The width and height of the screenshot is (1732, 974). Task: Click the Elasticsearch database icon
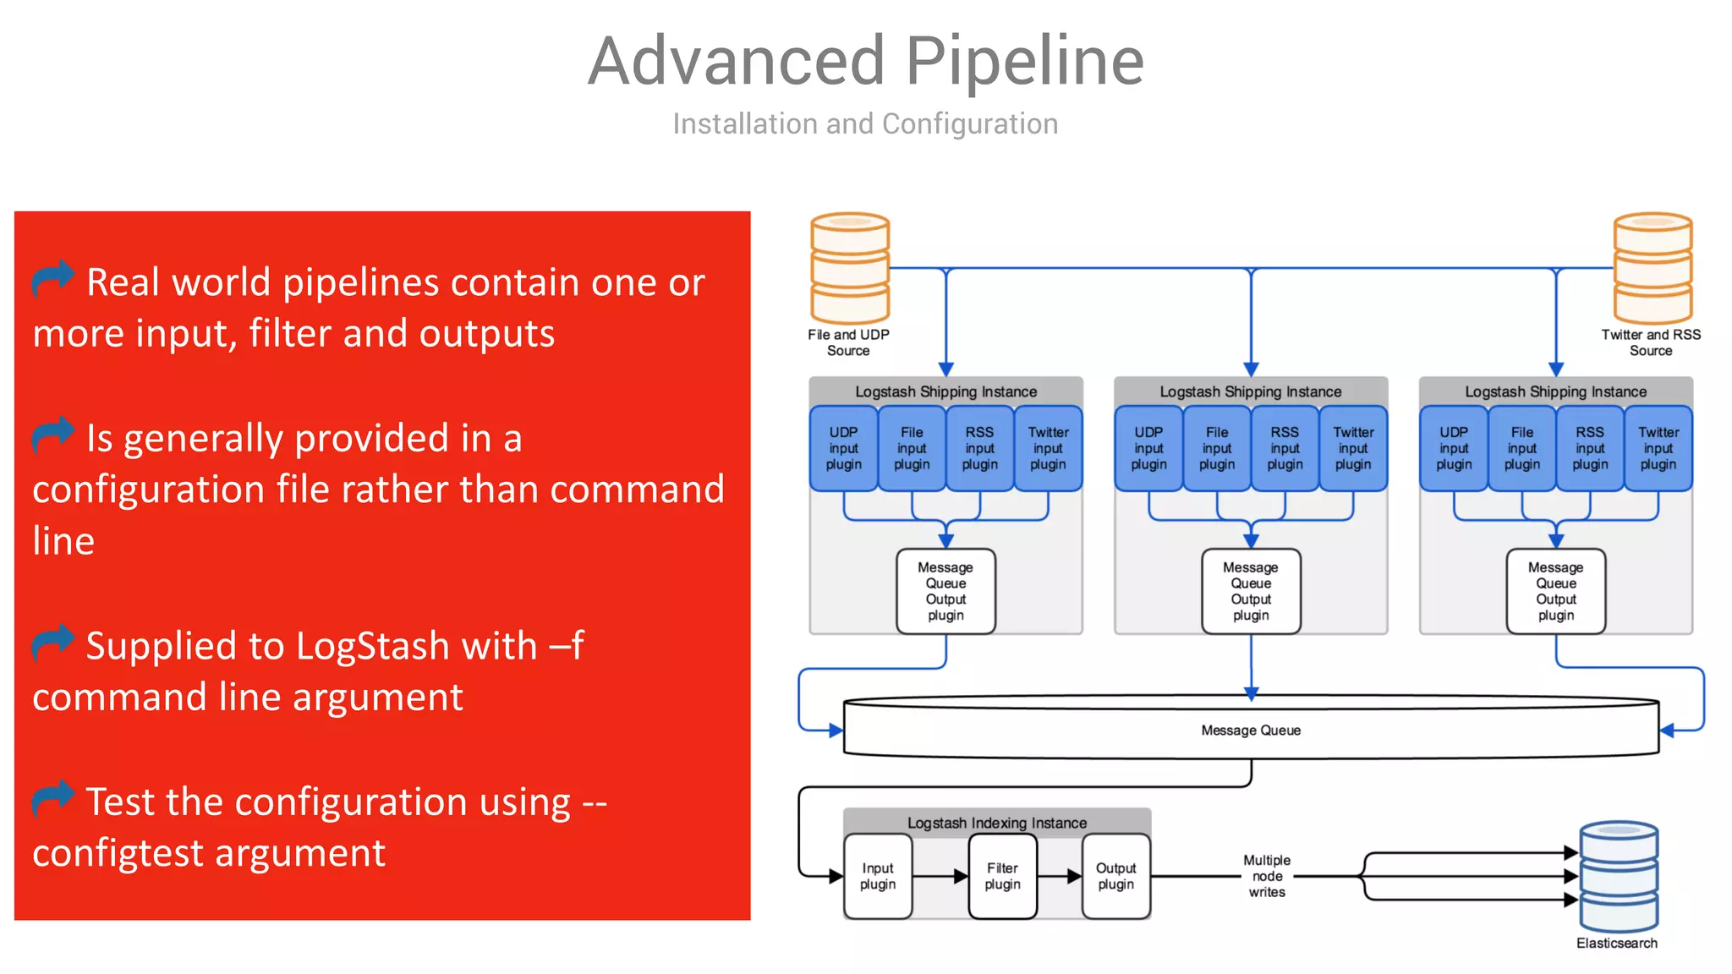(1619, 876)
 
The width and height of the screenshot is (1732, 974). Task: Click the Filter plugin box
(1002, 876)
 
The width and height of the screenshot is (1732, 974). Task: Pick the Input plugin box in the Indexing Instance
(878, 876)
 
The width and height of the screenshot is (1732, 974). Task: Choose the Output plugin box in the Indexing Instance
(1116, 876)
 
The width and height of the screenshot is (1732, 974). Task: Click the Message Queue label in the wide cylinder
(1251, 730)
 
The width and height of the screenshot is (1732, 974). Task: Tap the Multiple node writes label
(1267, 876)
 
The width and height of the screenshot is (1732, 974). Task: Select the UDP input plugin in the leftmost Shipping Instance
(843, 448)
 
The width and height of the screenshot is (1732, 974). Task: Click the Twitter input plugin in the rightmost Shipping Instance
(1658, 448)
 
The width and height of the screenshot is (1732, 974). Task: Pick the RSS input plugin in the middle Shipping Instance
(1285, 448)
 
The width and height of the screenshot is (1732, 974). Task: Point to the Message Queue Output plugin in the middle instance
(1251, 591)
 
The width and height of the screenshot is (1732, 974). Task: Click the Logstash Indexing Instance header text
(997, 823)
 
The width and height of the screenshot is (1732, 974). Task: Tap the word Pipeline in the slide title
(1025, 61)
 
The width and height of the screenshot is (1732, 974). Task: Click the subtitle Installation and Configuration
(865, 124)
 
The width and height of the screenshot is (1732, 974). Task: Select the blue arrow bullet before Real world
(53, 279)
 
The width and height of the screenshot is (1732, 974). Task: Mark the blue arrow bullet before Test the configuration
(53, 798)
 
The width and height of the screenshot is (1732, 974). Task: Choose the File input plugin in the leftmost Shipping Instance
(912, 448)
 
